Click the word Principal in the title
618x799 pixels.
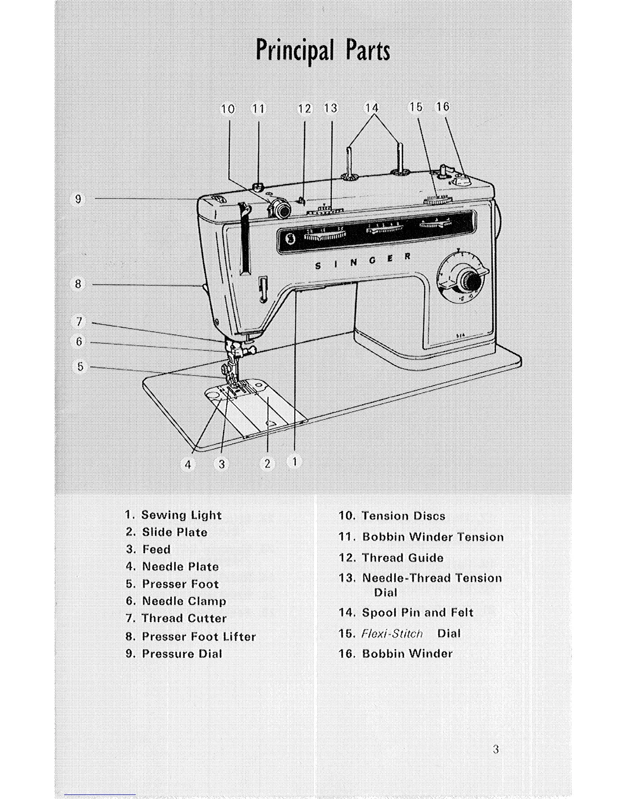point(295,50)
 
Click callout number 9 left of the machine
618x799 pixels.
point(78,199)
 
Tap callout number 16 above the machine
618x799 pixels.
point(443,107)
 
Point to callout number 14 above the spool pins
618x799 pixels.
point(372,108)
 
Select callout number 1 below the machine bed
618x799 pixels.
point(295,461)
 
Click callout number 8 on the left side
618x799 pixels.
point(78,284)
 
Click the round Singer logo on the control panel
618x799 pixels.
point(290,238)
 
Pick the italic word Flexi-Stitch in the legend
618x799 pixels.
point(392,634)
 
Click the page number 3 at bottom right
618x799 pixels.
point(496,750)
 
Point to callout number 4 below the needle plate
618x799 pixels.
point(188,464)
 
